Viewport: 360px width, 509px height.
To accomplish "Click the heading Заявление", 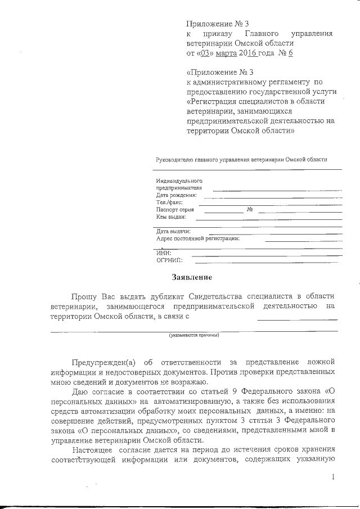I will click(192, 277).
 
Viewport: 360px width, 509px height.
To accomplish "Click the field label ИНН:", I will click(163, 253).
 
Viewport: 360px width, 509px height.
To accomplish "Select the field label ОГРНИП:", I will click(168, 260).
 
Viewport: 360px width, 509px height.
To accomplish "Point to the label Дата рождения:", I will click(177, 195).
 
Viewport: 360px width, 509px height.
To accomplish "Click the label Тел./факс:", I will click(169, 202).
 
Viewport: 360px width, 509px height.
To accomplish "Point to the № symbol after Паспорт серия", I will click(250, 209).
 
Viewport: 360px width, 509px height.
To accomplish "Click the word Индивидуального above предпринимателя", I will click(179, 181).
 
